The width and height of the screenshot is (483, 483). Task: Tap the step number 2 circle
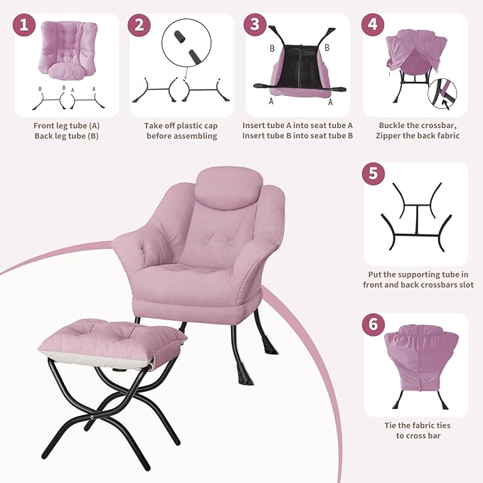coord(140,26)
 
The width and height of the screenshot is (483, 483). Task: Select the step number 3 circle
coord(255,26)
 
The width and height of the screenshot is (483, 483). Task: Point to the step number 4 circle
coord(372,26)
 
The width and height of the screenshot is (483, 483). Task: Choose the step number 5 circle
coord(373,174)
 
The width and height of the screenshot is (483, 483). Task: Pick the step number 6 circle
coord(373,325)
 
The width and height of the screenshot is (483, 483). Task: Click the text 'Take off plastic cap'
coord(181,125)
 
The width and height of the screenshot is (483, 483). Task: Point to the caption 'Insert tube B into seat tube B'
coord(297,135)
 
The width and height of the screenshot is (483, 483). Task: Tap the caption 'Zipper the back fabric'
coord(419,135)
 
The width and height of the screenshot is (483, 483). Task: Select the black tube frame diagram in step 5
coord(415,217)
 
